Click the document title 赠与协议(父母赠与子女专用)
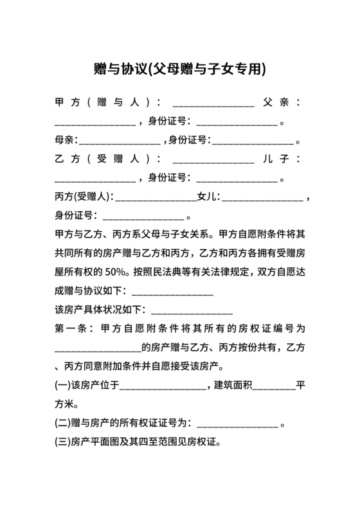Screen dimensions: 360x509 pos(179,68)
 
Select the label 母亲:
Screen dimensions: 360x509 pos(66,139)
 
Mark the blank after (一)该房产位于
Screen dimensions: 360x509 pos(162,388)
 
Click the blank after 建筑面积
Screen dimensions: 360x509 pos(276,388)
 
